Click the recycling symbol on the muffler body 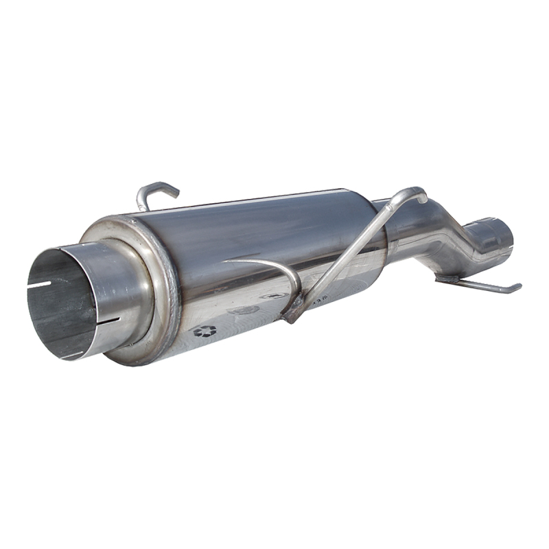(204, 331)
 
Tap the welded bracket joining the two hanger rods (293, 307)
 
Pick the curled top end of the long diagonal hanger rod (416, 194)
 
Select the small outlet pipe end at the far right (495, 235)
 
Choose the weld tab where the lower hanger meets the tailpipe (447, 279)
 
